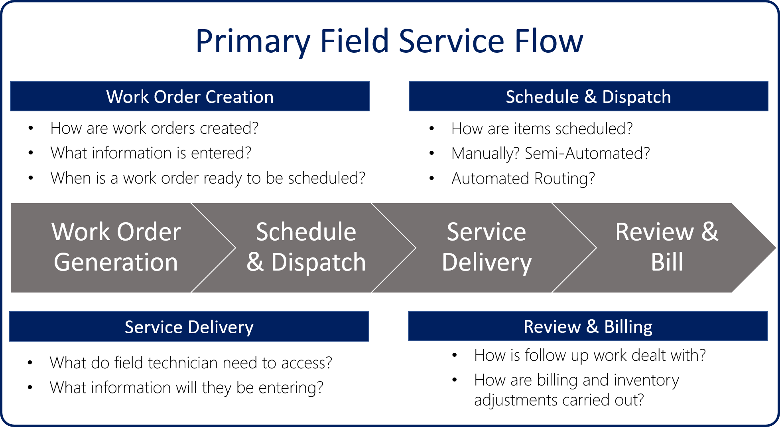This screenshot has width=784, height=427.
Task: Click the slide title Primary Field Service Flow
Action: coord(389,41)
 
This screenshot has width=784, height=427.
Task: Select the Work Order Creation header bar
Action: coord(190,97)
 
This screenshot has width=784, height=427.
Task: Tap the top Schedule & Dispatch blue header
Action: coord(588,97)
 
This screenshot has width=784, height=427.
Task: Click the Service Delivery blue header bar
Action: coord(189,327)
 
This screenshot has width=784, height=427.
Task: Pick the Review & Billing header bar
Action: coord(588,326)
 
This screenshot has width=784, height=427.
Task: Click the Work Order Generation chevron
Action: coord(116,247)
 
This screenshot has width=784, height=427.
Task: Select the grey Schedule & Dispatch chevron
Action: coord(306,247)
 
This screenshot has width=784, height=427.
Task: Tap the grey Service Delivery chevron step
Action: coord(487,247)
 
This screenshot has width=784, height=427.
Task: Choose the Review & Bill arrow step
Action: coord(667,247)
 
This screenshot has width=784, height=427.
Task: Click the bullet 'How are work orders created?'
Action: coord(154,128)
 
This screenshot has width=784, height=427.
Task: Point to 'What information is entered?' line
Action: coord(151,153)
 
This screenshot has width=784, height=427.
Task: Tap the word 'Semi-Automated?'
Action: coord(587,154)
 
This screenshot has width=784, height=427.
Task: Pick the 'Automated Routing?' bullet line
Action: coord(523,178)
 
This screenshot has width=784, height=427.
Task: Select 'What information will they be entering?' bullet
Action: coord(186,387)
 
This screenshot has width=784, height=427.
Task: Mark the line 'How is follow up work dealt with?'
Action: coord(590,355)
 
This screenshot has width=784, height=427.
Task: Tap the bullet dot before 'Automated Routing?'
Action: coord(431,178)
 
